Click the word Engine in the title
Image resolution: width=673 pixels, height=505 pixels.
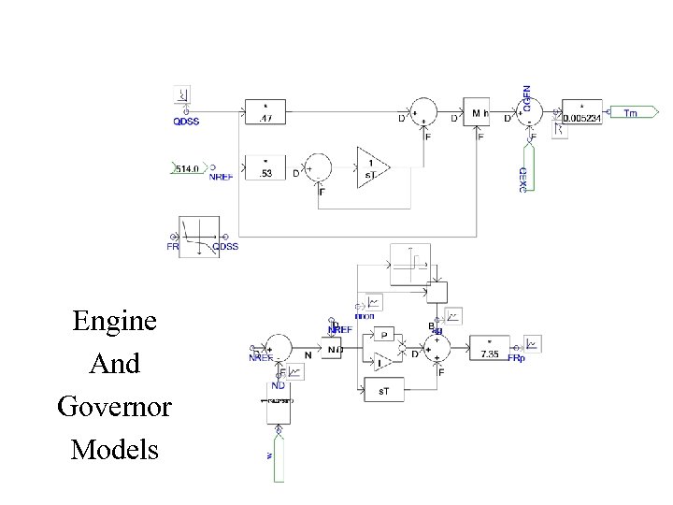115,322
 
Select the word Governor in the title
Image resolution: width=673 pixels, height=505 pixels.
114,408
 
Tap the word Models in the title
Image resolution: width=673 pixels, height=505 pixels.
114,450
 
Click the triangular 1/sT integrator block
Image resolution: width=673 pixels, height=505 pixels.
372,168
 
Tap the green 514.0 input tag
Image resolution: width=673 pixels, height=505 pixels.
188,168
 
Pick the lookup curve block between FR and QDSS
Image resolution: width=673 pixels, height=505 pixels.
199,237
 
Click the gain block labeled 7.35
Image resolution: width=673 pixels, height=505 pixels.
490,348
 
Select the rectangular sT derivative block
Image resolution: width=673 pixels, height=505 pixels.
383,389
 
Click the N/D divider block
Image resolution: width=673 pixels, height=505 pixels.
335,349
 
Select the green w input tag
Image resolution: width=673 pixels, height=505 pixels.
278,454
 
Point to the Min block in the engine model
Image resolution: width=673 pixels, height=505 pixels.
478,112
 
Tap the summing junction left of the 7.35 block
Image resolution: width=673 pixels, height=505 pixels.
437,348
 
